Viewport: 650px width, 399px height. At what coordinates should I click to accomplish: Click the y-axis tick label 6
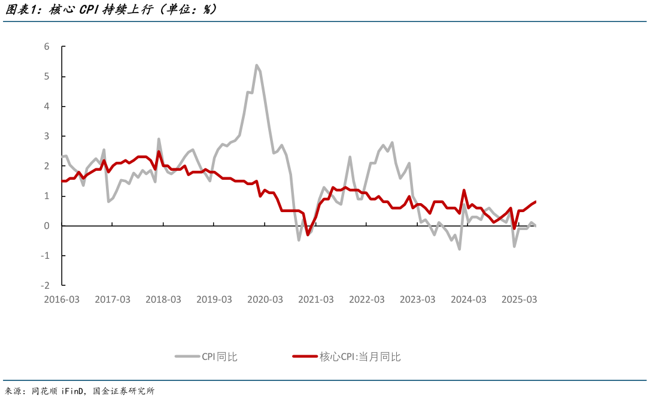click(47, 47)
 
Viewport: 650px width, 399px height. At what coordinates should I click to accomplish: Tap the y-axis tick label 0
click(47, 226)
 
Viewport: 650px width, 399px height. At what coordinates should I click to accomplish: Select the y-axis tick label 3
click(47, 137)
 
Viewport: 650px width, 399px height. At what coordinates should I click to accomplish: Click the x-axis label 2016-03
click(61, 300)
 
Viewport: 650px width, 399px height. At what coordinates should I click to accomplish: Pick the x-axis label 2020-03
click(265, 300)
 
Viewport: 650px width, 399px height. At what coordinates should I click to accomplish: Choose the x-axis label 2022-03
click(367, 300)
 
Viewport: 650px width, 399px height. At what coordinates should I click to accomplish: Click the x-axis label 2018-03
click(163, 300)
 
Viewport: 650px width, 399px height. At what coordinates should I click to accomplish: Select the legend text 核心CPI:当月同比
click(360, 357)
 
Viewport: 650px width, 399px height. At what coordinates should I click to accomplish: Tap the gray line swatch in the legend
click(187, 357)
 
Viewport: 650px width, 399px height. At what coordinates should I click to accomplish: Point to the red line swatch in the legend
click(304, 357)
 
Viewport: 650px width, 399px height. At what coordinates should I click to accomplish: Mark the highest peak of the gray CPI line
click(256, 65)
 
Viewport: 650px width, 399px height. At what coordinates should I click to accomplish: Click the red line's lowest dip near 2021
click(308, 234)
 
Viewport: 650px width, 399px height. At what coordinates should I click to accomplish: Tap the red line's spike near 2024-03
click(464, 191)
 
